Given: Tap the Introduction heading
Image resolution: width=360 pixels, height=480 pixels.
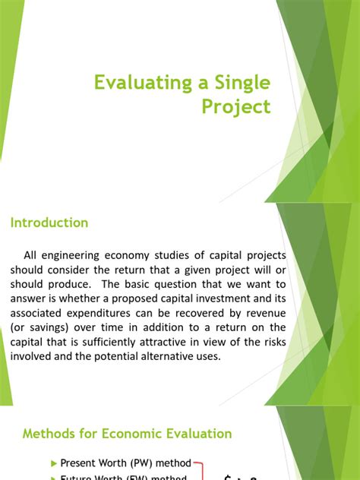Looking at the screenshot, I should [49, 223].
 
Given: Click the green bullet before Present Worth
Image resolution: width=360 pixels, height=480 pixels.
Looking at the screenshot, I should [53, 463].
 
